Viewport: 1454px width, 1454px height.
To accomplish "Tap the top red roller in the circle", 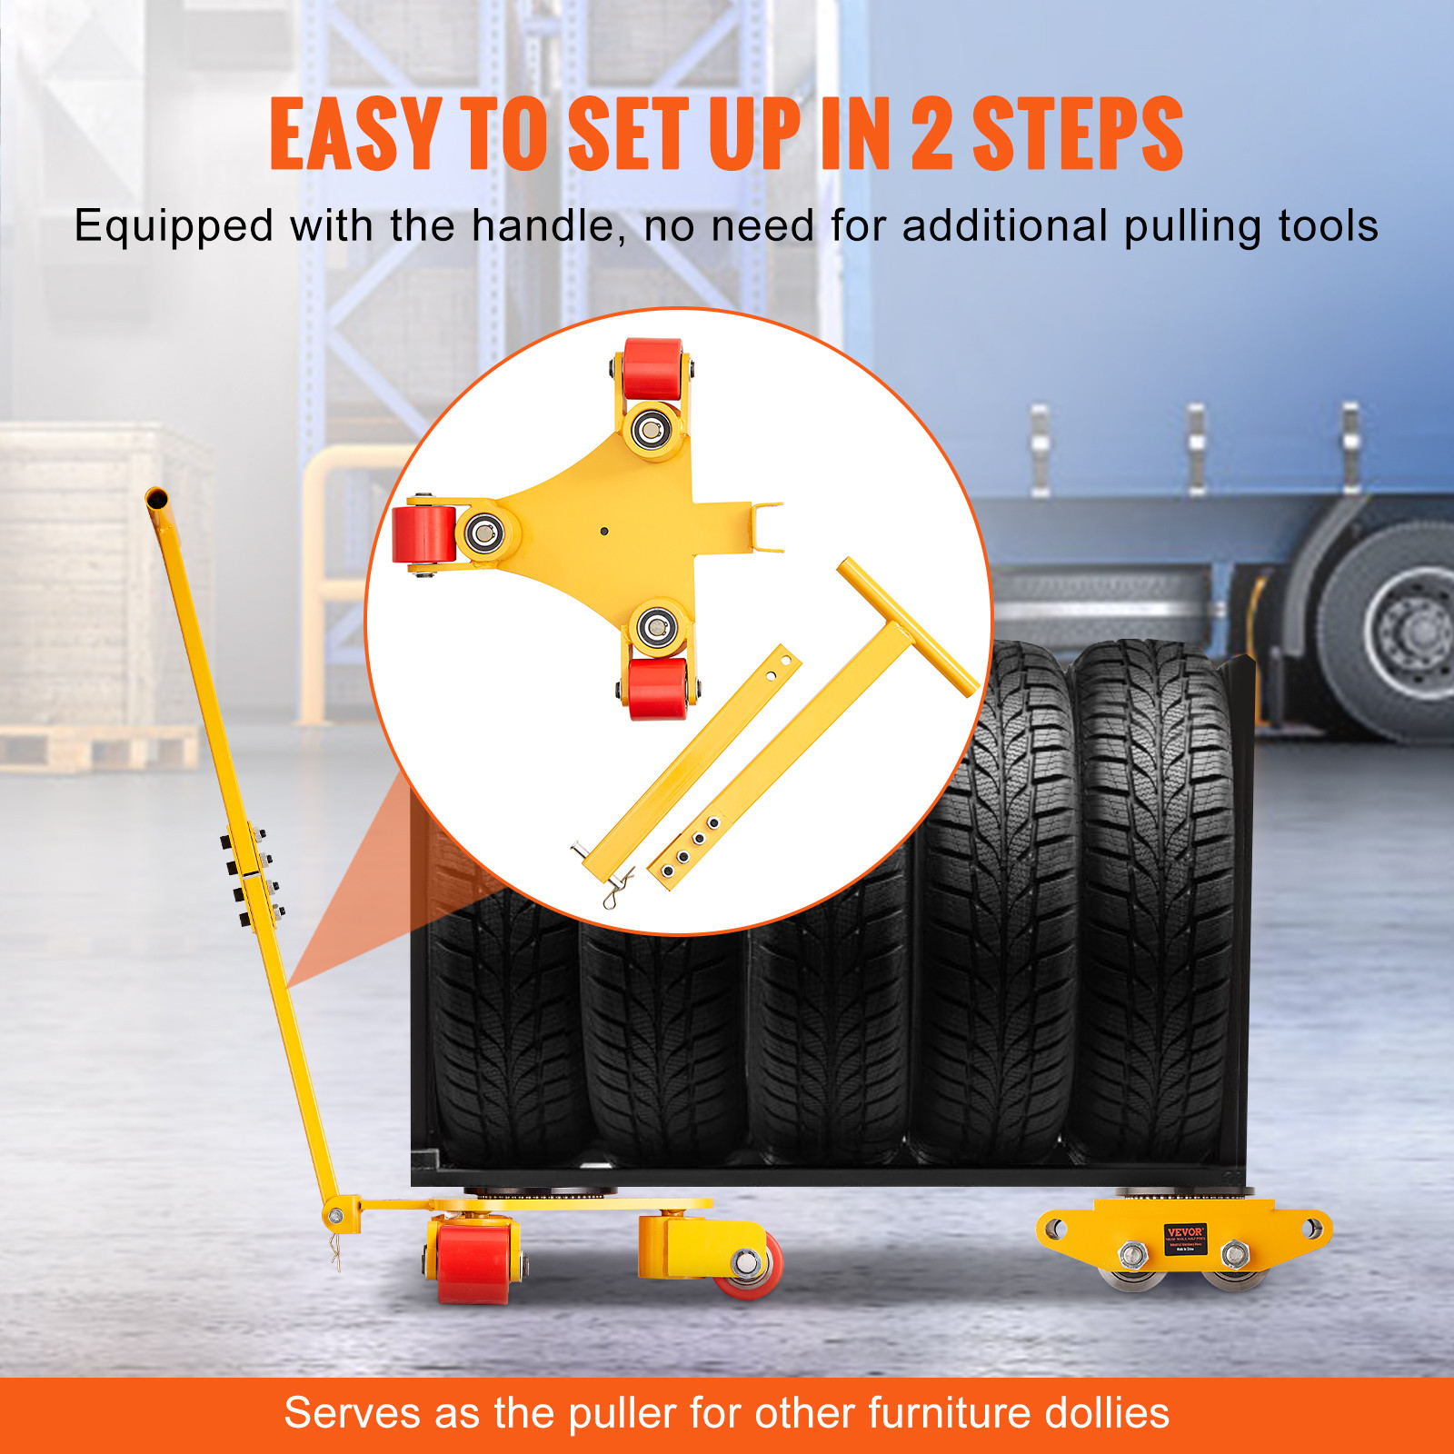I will [x=652, y=368].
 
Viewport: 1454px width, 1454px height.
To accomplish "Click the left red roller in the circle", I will [x=423, y=533].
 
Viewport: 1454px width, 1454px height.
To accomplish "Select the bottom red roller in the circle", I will [x=658, y=688].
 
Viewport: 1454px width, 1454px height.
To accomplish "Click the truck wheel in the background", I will [x=1395, y=627].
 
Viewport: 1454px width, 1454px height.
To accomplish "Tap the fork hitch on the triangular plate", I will [x=763, y=527].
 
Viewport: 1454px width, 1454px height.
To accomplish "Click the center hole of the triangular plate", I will [x=604, y=531].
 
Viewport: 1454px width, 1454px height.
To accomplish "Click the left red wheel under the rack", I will [x=473, y=1261].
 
